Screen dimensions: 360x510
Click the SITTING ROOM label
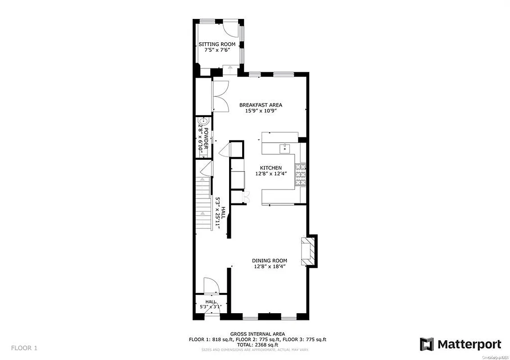(217, 44)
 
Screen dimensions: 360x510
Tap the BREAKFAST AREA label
(261, 105)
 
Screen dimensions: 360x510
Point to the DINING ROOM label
(269, 261)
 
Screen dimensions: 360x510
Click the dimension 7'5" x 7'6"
(217, 50)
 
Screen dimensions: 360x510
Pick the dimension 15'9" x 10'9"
(261, 111)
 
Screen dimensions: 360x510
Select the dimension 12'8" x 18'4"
(269, 266)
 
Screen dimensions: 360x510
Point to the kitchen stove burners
(300, 175)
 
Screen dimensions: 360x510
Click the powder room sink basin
(204, 121)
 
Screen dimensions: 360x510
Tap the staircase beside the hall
(203, 203)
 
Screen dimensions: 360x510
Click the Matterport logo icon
(426, 344)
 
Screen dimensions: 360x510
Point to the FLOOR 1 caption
(24, 348)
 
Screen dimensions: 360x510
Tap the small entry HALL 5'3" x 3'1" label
(211, 304)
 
